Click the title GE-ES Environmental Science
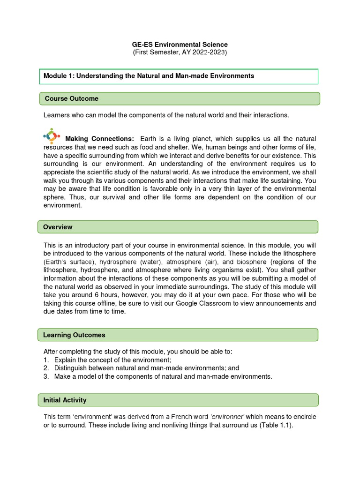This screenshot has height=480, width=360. click(x=180, y=45)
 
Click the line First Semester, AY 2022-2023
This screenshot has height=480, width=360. click(x=180, y=52)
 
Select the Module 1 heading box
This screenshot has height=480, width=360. click(x=178, y=76)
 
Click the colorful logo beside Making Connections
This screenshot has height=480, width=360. click(x=51, y=136)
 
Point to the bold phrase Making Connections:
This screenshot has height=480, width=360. click(x=99, y=139)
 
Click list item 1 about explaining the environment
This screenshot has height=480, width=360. click(x=112, y=360)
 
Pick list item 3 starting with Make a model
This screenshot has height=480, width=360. click(x=163, y=376)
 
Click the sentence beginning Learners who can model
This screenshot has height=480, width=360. click(x=166, y=115)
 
